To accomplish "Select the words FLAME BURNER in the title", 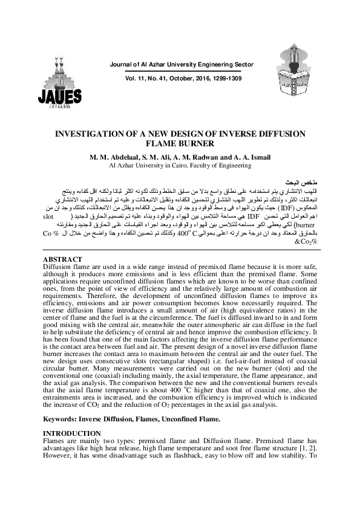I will pos(180,144).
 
